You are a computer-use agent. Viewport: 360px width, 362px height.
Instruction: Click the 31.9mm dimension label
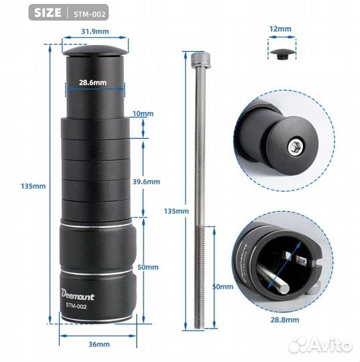[95, 32]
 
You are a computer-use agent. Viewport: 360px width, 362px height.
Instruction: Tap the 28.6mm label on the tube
[93, 82]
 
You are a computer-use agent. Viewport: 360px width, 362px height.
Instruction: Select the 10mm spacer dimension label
[143, 113]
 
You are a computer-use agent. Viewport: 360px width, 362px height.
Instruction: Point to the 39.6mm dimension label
[146, 182]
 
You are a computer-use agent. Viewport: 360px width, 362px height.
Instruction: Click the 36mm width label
[99, 344]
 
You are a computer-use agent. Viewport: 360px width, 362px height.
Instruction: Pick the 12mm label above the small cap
[280, 29]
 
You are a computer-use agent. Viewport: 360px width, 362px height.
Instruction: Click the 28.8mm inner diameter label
[285, 320]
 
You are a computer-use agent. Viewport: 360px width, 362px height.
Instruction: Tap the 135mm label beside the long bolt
[176, 211]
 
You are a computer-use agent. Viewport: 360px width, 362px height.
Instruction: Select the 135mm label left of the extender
[34, 186]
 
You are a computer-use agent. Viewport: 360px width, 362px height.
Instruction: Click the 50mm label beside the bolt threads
[223, 287]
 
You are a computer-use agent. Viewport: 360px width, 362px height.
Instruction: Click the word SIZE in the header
[48, 13]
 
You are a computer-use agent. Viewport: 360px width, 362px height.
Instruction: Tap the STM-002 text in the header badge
[90, 14]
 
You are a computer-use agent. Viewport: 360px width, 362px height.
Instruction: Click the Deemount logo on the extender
[78, 295]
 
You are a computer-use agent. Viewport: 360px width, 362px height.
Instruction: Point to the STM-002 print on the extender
[76, 306]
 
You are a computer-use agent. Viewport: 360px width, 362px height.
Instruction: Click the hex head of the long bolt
[200, 60]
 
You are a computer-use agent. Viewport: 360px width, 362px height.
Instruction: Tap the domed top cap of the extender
[95, 52]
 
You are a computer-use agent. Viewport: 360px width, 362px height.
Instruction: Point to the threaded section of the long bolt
[199, 277]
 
